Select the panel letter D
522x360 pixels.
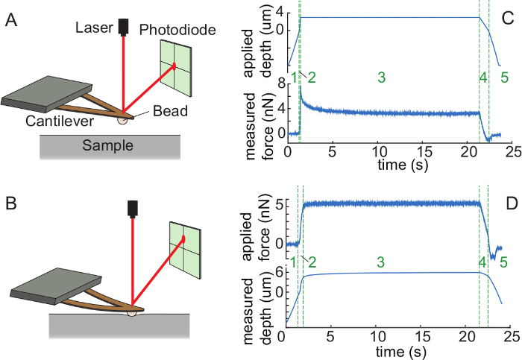point(509,203)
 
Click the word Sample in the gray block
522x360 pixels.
point(107,145)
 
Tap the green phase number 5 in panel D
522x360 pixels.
point(504,262)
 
